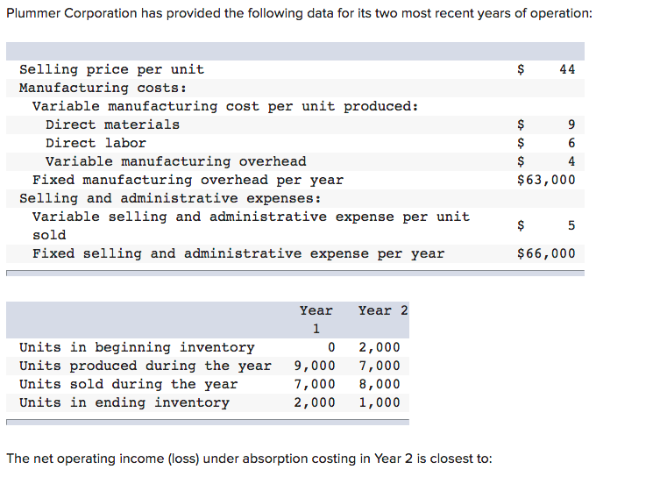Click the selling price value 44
pos(567,69)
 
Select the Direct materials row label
pos(112,125)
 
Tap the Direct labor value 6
pos(571,143)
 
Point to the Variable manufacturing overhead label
pos(175,161)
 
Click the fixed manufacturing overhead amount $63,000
pos(547,180)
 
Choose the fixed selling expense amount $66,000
pos(547,253)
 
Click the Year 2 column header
pos(383,310)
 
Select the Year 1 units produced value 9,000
pos(314,366)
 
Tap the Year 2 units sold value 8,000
pos(380,384)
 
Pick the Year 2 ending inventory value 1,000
pos(380,402)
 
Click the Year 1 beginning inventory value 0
pos(330,347)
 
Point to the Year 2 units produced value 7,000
pos(380,366)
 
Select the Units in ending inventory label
pos(124,402)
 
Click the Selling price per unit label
pos(111,69)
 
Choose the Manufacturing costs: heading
pos(103,88)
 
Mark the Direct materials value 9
pos(571,125)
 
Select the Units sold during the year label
pos(128,384)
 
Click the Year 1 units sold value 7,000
pos(314,384)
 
